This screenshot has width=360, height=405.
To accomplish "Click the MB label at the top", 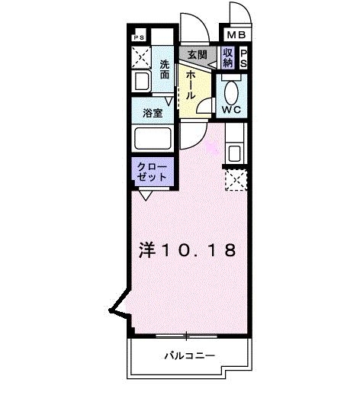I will coord(234,35).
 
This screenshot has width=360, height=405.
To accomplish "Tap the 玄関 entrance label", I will coord(197,55).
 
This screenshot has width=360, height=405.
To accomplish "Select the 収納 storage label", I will coord(228,58).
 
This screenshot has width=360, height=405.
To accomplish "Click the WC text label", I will coord(231,109).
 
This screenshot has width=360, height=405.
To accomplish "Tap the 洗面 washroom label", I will coord(166,70).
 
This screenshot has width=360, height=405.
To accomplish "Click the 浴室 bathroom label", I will coord(153,113).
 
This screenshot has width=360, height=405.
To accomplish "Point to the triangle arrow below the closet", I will coord(145,195).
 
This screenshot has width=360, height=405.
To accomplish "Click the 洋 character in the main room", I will coord(148,249).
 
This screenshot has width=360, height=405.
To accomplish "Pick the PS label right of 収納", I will coord(244,58).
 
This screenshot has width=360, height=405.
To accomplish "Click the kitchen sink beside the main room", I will coord(233,151).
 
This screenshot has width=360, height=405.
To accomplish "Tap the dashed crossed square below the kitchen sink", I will coord(235,181).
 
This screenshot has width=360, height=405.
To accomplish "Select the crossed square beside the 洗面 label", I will coord(141,56).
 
